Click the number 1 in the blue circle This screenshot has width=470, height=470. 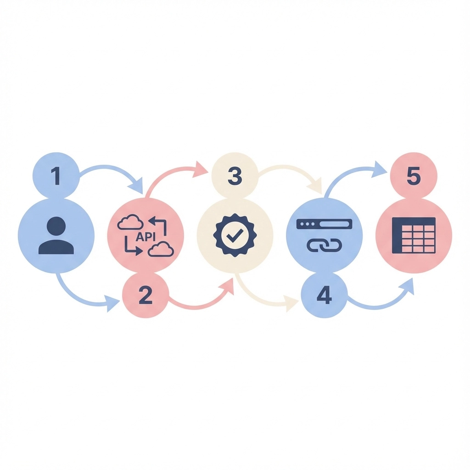point(56,176)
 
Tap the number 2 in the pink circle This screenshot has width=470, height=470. point(145,295)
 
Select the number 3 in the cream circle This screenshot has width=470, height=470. point(235,176)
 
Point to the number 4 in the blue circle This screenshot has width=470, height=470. point(324,295)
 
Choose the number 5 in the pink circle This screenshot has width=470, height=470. point(413,176)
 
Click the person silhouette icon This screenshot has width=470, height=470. point(56,236)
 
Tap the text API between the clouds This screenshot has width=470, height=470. point(145,236)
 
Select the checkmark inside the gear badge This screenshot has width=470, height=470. point(235,235)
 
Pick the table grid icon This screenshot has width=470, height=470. point(414,235)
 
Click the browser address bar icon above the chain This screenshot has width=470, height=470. point(324,224)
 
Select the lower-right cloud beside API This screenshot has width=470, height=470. point(161,249)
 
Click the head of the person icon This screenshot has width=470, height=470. point(56,226)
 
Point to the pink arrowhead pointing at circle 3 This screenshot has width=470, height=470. point(201,169)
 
